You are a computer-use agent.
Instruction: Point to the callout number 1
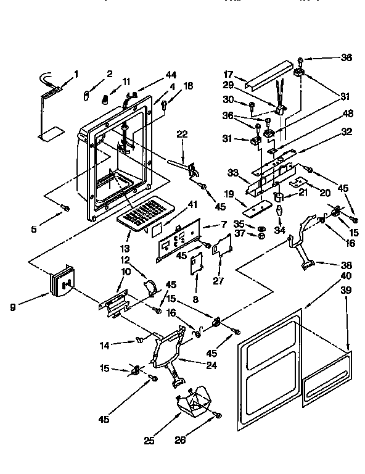point(76,75)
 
